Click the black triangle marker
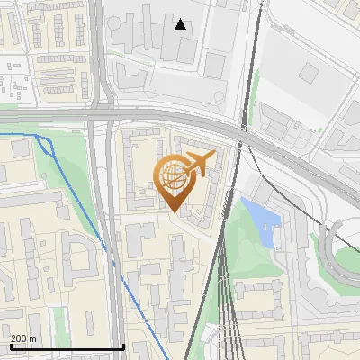point(181,24)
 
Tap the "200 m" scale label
point(24,338)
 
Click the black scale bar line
point(67,346)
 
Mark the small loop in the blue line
point(46,145)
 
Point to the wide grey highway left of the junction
point(45,116)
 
